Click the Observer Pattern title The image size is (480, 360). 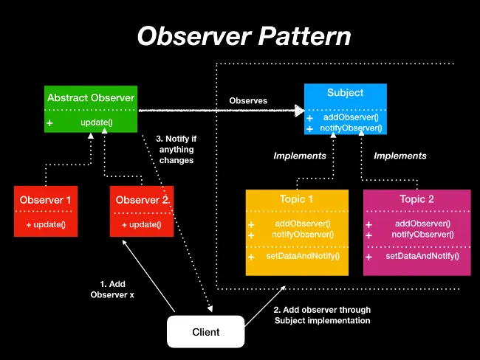244,36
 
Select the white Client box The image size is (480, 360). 205,332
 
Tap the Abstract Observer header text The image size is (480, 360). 91,97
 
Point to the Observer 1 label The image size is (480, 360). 46,200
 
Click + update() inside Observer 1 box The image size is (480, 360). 46,224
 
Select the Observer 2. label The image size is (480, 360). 143,200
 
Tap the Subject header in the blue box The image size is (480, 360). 345,93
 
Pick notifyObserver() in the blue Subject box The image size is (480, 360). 351,128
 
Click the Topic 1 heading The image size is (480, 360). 296,199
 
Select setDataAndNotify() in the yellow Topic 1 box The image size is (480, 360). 303,256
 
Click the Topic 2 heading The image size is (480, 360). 416,199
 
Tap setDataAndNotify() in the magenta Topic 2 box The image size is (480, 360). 422,256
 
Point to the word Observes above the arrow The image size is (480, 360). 248,100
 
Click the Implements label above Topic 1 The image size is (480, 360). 300,156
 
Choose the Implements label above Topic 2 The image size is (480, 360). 400,156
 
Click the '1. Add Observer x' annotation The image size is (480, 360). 112,289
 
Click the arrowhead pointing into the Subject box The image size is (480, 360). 299,111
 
